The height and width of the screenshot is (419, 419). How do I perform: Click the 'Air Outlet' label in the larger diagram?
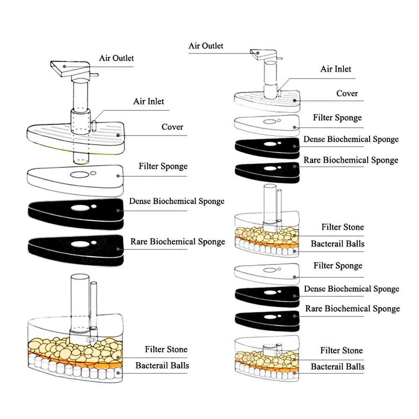(x=116, y=58)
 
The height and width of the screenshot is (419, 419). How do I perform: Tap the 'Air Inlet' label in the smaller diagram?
(x=336, y=69)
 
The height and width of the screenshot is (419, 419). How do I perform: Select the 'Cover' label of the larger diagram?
(x=172, y=127)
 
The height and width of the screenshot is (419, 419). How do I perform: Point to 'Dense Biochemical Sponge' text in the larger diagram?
(x=176, y=201)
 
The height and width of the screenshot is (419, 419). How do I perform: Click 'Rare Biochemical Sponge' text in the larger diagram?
(x=178, y=242)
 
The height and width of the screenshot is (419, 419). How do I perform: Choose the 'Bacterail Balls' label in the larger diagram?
(x=162, y=365)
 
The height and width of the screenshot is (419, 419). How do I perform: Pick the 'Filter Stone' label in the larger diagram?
(x=166, y=349)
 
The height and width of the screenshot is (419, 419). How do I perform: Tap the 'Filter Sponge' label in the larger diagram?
(x=163, y=166)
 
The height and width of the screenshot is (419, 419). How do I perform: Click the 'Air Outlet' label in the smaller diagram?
(x=206, y=46)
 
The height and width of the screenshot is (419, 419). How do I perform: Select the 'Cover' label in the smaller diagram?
(x=347, y=93)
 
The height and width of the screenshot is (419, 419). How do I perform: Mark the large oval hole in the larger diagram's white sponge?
(x=78, y=174)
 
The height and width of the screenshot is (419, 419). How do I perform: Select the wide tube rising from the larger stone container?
(x=79, y=302)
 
